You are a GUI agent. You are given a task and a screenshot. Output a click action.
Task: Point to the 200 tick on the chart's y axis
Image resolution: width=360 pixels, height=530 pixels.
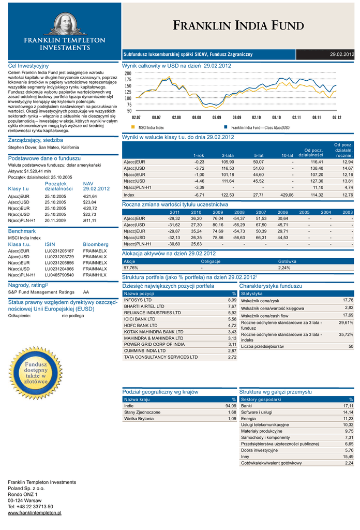click(x=128, y=74)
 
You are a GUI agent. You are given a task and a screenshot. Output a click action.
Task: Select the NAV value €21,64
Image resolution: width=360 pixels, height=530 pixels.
click(x=90, y=197)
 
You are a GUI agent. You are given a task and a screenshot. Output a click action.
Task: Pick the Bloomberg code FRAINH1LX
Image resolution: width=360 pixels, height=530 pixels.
click(x=95, y=275)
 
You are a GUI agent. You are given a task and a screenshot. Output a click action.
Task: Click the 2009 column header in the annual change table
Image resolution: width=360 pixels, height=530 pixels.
click(x=218, y=212)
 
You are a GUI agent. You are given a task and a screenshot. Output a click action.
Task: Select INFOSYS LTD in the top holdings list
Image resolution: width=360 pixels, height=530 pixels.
click(x=138, y=300)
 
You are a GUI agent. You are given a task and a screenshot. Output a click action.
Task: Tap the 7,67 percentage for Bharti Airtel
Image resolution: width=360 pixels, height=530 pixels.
click(x=232, y=306)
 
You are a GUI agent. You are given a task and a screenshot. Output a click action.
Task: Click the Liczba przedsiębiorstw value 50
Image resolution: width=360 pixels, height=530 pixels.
click(x=351, y=346)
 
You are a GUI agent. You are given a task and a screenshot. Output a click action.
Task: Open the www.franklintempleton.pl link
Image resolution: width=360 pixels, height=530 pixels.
click(x=35, y=513)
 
